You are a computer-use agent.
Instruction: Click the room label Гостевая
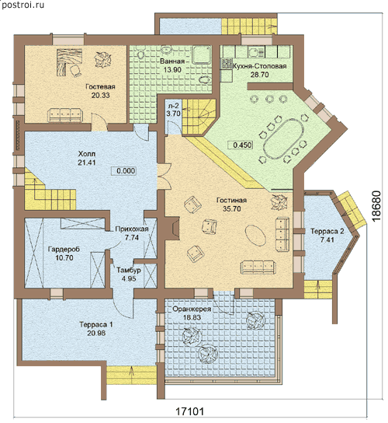[100, 87]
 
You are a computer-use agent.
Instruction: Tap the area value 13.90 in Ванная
[172, 70]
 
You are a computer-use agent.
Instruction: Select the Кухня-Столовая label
[259, 66]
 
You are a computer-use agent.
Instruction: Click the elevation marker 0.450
[241, 145]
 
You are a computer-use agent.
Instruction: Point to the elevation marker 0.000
[124, 171]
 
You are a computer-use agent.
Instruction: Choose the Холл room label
[87, 154]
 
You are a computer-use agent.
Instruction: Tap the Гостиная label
[231, 201]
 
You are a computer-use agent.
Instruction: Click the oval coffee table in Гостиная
[255, 235]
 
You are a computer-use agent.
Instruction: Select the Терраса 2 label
[327, 231]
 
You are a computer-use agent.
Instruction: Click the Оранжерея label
[192, 309]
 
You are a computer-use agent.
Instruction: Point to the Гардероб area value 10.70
[64, 258]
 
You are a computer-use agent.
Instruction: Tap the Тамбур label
[129, 270]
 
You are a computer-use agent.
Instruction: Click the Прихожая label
[132, 229]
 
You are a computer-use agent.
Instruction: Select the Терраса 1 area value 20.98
[96, 333]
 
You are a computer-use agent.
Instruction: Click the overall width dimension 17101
[190, 411]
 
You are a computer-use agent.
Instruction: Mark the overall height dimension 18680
[377, 206]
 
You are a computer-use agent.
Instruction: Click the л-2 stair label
[173, 105]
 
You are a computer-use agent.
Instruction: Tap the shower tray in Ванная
[202, 54]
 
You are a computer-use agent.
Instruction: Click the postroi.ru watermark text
[23, 5]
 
